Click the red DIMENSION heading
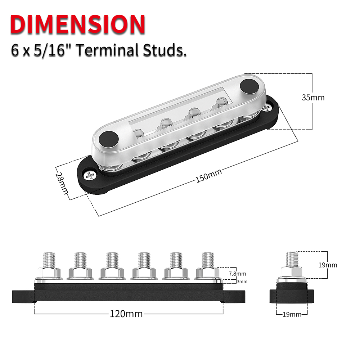[77, 24]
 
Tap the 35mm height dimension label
[313, 98]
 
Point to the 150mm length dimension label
[209, 175]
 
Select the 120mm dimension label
[126, 314]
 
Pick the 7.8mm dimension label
[237, 274]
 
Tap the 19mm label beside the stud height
[328, 265]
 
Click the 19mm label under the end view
[292, 314]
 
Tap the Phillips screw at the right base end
[267, 108]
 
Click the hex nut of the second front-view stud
[81, 273]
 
